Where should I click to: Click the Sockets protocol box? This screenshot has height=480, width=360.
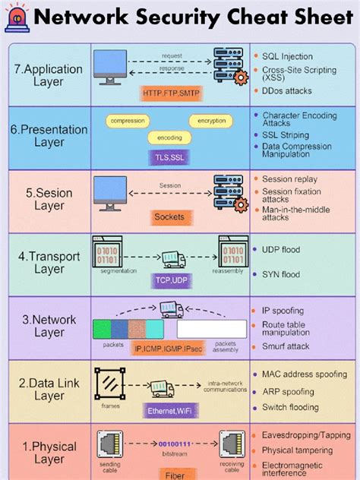point(169,216)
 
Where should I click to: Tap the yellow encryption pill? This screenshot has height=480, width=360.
point(212,121)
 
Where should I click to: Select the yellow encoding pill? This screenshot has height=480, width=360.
point(170,137)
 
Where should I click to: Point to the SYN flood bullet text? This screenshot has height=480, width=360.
point(281,274)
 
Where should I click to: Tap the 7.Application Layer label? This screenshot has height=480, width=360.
point(49,75)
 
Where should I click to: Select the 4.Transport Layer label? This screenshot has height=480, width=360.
point(49,261)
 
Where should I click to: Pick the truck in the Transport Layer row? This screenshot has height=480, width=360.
point(173,260)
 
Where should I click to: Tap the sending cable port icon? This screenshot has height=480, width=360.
point(106,443)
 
